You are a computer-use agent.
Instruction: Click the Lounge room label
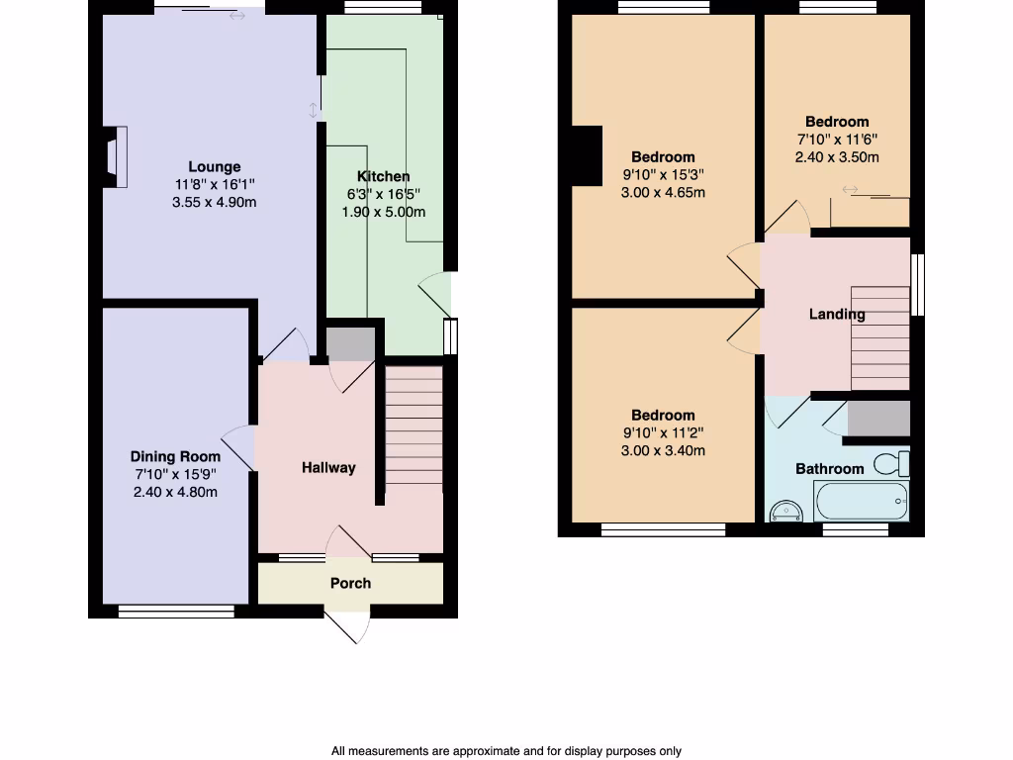click(215, 167)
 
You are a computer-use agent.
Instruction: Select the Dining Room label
click(175, 456)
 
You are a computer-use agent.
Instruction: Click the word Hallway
click(328, 468)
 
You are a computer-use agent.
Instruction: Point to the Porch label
click(350, 583)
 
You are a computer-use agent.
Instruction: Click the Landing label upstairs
click(837, 315)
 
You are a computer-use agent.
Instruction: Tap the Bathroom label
click(829, 469)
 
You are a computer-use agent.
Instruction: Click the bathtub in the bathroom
click(860, 502)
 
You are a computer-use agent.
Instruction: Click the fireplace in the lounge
click(115, 156)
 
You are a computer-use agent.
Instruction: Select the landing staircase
click(879, 338)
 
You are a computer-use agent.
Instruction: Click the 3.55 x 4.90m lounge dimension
click(215, 203)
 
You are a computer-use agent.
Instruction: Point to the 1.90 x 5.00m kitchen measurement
click(384, 213)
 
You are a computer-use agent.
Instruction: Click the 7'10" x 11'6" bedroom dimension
click(837, 140)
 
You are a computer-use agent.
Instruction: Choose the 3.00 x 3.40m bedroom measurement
click(663, 451)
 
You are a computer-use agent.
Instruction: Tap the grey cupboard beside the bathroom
click(878, 419)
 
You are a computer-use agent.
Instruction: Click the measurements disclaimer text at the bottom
click(506, 751)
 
